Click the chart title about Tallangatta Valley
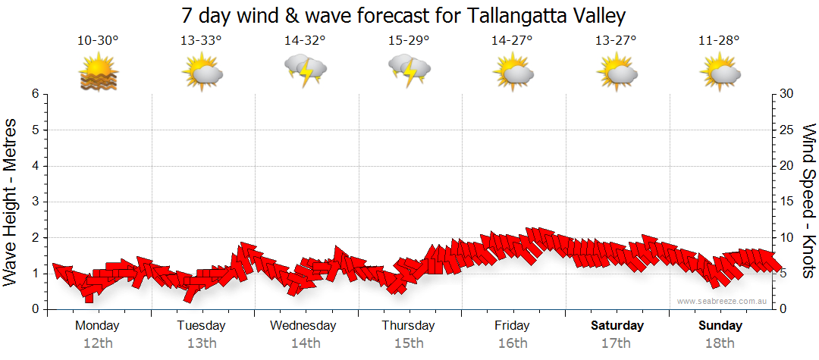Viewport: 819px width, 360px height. click(x=404, y=15)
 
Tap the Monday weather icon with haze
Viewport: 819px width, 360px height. click(x=99, y=74)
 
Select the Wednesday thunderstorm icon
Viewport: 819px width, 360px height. click(x=305, y=71)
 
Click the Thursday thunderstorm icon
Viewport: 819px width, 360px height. click(x=409, y=71)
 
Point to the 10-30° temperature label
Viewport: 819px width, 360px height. click(x=98, y=40)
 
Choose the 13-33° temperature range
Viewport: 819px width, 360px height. click(x=201, y=40)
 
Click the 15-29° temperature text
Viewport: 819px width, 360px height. click(x=409, y=40)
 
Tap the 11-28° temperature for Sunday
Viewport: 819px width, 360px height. click(x=719, y=40)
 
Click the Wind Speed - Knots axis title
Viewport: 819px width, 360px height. click(x=808, y=201)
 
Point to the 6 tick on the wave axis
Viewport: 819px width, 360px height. click(x=35, y=94)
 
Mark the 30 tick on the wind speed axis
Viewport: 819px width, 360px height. click(x=788, y=94)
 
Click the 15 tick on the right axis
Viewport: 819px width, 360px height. click(x=787, y=202)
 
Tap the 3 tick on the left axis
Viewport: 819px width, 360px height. click(x=35, y=202)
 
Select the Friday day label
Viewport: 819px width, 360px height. click(x=512, y=326)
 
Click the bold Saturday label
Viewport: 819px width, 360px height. click(x=617, y=326)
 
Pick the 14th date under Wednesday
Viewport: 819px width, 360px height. click(x=305, y=343)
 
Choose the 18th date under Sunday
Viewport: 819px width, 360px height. click(x=720, y=343)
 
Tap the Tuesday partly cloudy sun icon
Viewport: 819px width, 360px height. click(x=202, y=74)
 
